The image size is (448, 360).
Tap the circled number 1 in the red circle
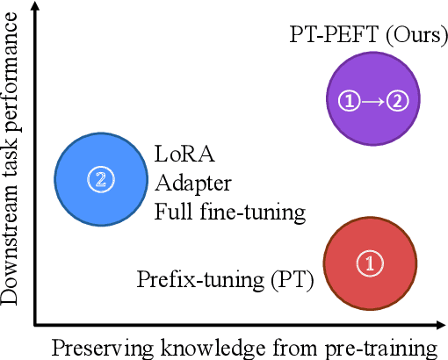tap(370, 262)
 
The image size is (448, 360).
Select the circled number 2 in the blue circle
tap(101, 179)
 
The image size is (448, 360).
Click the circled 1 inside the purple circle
tap(350, 102)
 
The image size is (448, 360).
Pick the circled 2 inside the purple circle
tap(398, 102)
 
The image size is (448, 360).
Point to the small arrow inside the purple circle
tap(373, 102)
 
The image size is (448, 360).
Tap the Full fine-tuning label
tap(229, 212)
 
